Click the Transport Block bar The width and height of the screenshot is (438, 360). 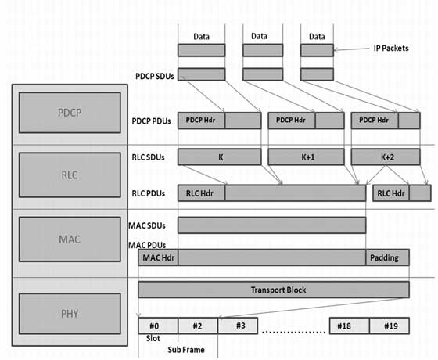click(x=274, y=290)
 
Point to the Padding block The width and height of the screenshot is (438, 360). click(x=387, y=257)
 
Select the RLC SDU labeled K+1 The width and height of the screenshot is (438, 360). click(x=307, y=157)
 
